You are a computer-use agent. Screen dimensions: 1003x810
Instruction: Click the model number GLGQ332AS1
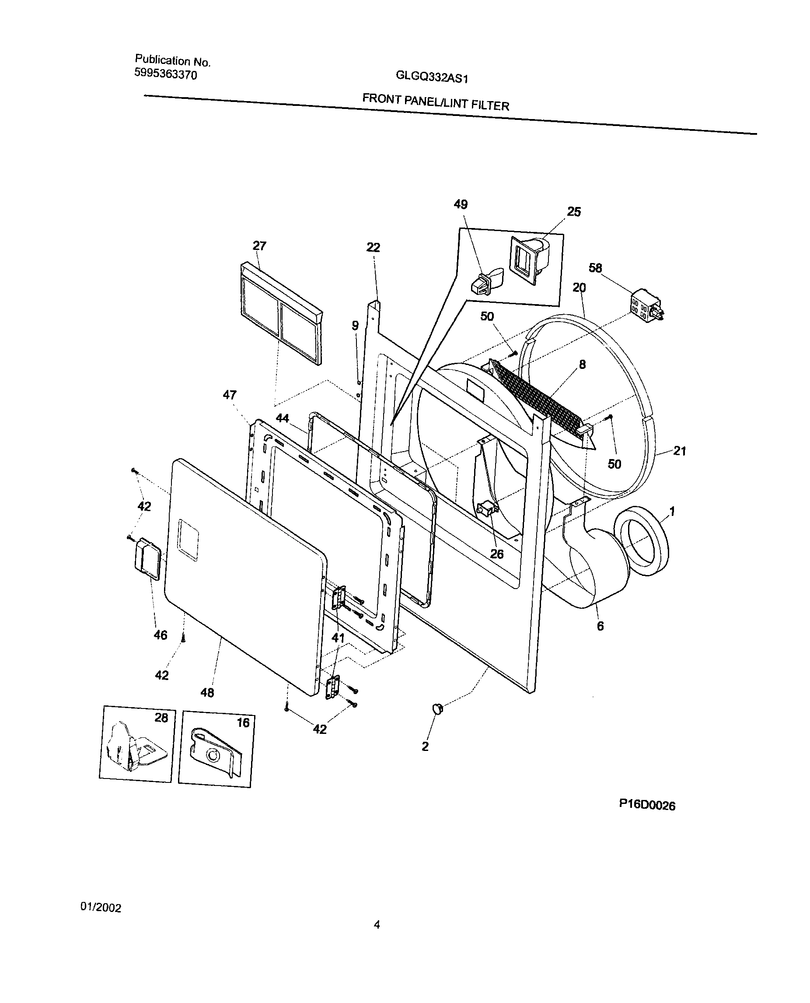coord(431,77)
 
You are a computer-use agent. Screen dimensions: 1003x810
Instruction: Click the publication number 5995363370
coord(165,74)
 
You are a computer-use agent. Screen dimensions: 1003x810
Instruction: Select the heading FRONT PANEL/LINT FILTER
coord(435,102)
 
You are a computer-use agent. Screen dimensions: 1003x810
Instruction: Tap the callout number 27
coord(259,246)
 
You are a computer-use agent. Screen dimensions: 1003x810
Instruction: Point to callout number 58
coord(595,268)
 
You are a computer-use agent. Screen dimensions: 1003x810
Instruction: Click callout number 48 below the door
coord(207,693)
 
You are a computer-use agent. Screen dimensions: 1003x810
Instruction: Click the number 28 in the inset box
coord(161,718)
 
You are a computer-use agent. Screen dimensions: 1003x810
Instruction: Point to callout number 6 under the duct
coord(600,626)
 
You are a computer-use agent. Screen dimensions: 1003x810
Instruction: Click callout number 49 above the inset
coord(461,204)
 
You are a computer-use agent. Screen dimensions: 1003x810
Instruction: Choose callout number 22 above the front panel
coord(373,247)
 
